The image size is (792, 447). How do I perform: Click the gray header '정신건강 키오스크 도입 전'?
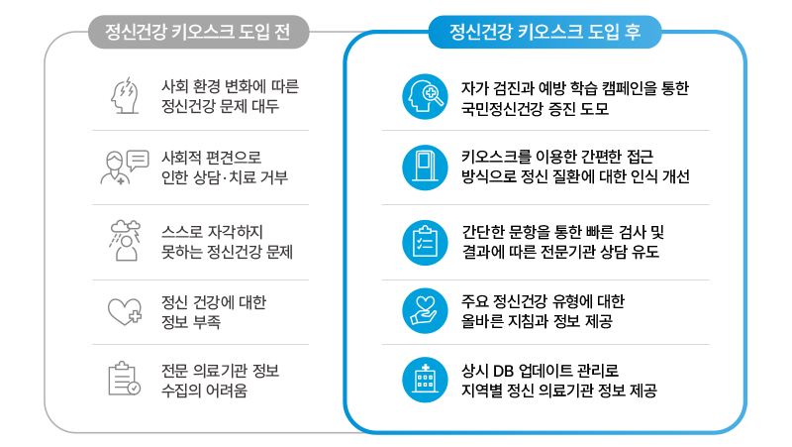tap(198, 32)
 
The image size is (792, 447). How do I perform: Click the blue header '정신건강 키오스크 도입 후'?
tap(544, 32)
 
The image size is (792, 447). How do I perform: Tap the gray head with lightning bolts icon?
tap(125, 95)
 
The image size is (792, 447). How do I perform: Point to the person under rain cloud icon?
tap(125, 241)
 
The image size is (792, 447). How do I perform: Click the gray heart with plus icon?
tap(125, 311)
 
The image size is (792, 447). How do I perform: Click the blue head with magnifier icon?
tap(425, 96)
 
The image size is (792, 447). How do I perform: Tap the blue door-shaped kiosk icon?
tap(425, 168)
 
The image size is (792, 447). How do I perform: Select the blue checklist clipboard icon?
tap(425, 242)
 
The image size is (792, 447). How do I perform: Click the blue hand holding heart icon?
tap(425, 311)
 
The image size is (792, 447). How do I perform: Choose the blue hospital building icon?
tap(425, 380)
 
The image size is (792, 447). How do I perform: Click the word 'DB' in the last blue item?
tap(503, 371)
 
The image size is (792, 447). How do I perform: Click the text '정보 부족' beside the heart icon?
tap(191, 321)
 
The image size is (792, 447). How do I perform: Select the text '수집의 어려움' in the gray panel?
tap(204, 391)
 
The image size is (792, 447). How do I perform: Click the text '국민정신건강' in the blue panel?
tap(501, 109)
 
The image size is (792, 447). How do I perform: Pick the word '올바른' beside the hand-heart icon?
tap(479, 321)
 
